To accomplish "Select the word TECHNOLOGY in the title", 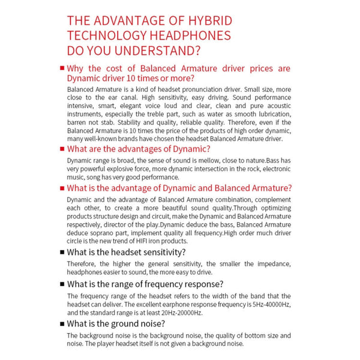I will tap(111, 35).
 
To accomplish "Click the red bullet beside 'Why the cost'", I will tap(62, 68).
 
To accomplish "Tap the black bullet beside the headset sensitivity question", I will tap(62, 252).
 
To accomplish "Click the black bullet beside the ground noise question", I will tap(62, 323).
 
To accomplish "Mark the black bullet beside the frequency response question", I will tap(62, 284).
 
